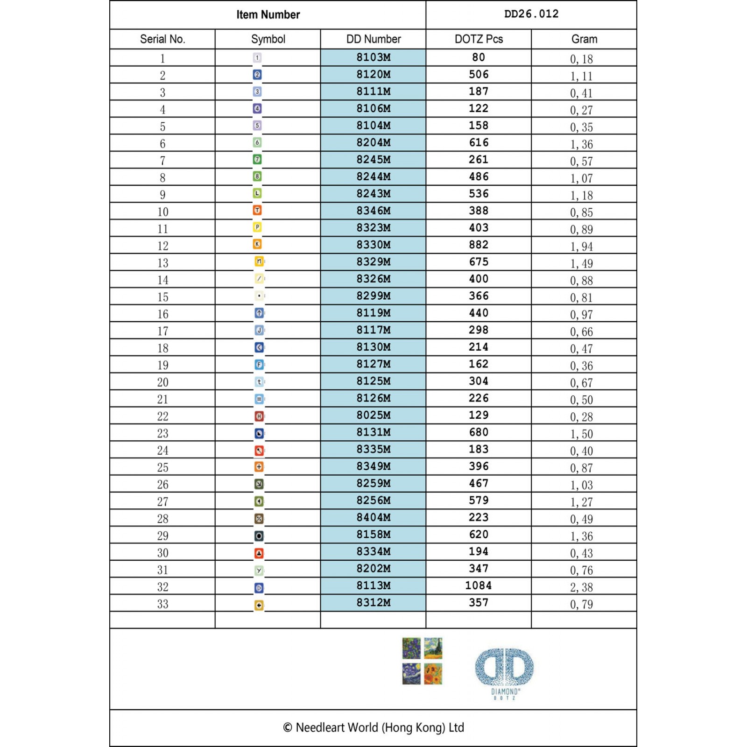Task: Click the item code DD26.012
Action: tap(531, 14)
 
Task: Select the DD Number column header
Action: tap(373, 39)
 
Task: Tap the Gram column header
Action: tap(584, 39)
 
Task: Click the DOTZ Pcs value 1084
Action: tap(479, 585)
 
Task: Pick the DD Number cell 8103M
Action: tap(373, 57)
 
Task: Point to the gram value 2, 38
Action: tap(581, 587)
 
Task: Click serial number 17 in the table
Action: tap(162, 331)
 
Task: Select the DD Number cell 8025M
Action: tap(373, 415)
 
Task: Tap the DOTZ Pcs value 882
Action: tap(479, 245)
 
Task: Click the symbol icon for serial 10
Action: tap(257, 211)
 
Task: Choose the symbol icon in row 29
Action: tap(259, 536)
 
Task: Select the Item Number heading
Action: tap(268, 15)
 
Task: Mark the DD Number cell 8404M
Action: tap(373, 517)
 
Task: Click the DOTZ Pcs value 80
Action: tap(479, 57)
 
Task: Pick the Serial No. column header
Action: tap(162, 39)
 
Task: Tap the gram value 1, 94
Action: tap(581, 247)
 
